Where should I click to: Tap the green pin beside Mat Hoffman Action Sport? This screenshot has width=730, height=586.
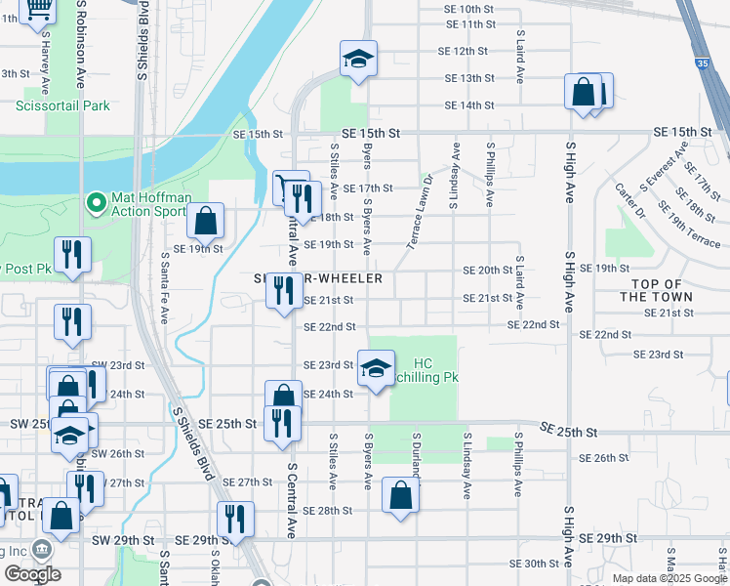[96, 203]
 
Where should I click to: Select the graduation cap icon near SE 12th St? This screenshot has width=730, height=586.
[358, 61]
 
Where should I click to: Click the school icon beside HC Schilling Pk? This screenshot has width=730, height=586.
[376, 368]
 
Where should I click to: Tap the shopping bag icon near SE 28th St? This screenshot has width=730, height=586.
[401, 494]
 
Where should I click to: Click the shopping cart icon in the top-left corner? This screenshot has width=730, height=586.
[38, 9]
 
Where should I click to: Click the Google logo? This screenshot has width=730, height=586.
[32, 574]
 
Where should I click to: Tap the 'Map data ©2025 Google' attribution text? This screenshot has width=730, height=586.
[669, 578]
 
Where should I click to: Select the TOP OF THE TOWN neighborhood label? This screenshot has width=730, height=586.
[656, 290]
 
